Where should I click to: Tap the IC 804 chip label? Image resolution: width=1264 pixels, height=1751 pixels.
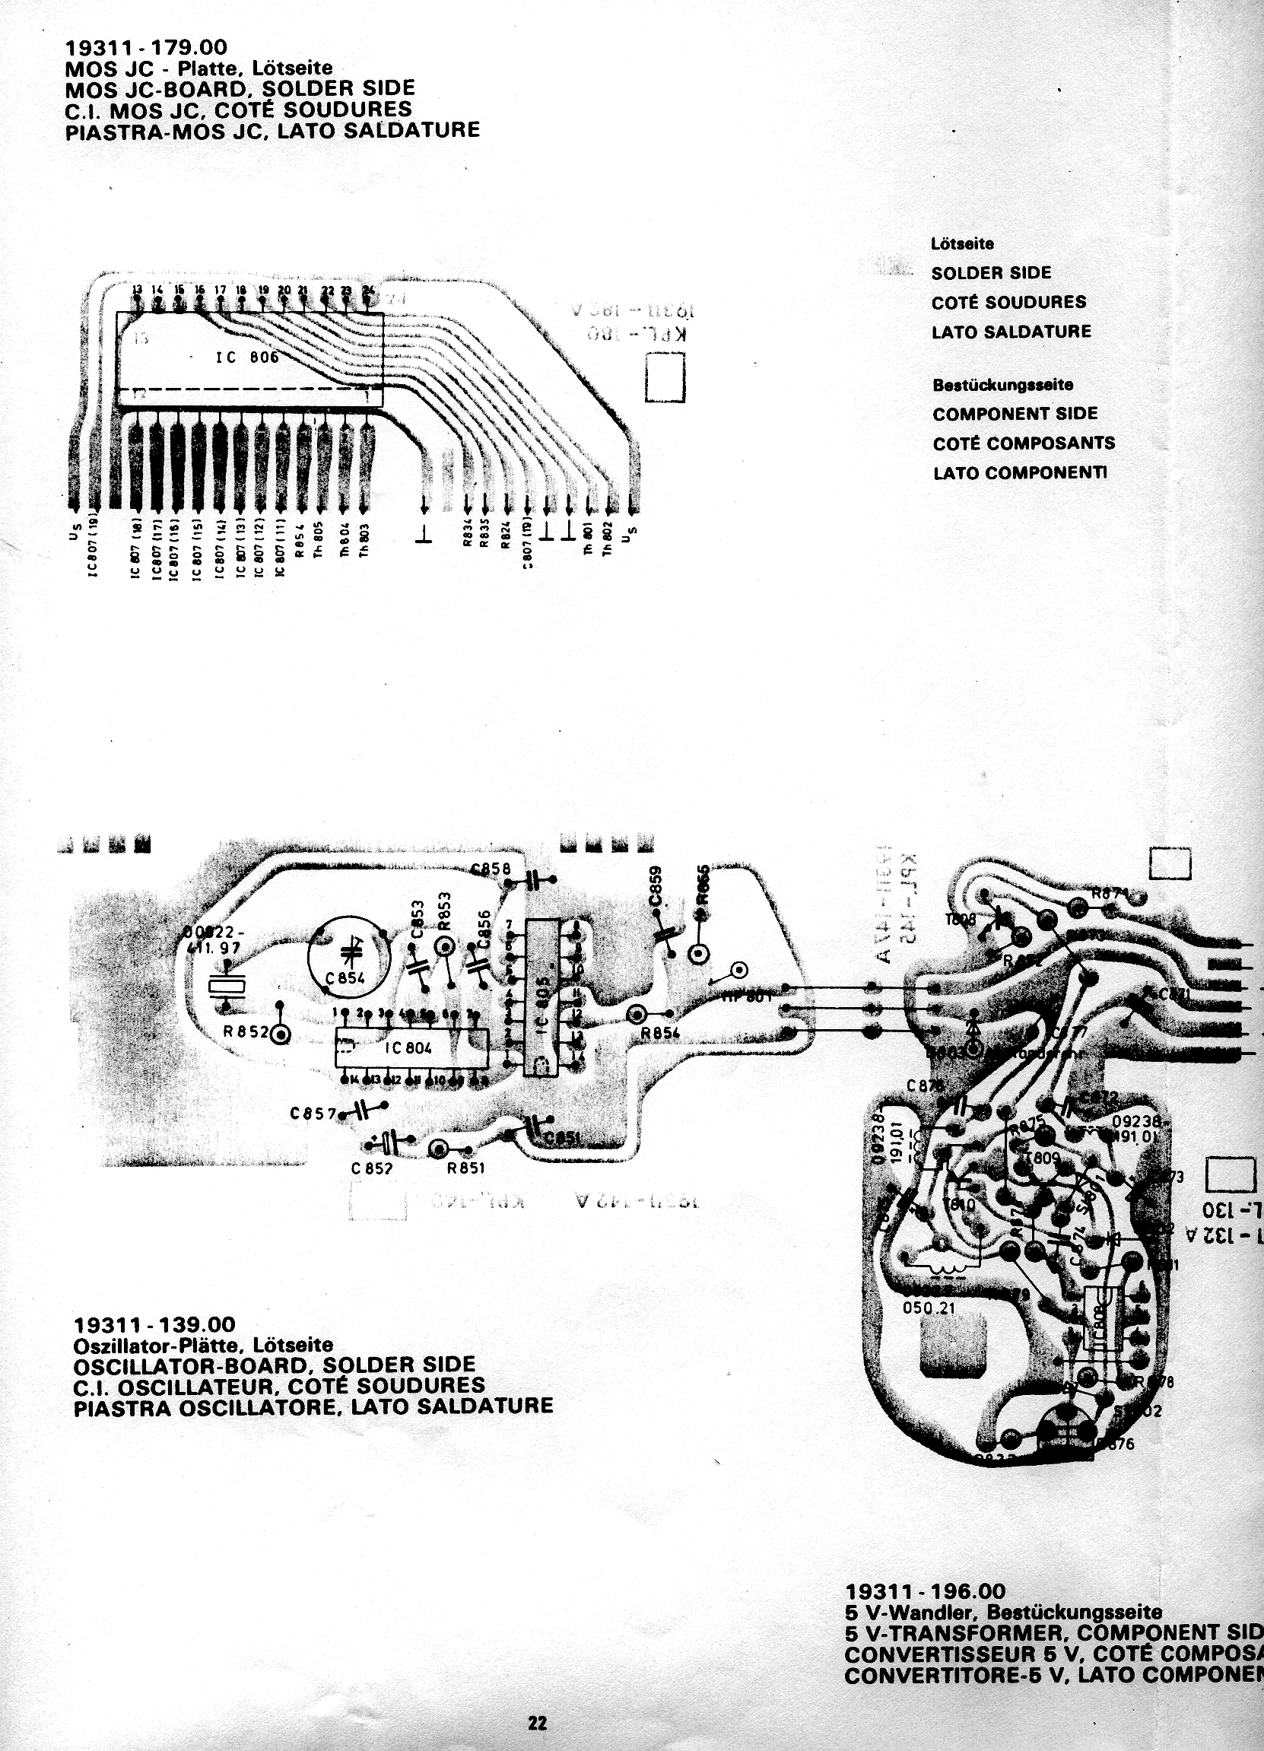408,1047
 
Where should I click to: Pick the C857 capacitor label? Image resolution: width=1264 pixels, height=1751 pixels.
313,1114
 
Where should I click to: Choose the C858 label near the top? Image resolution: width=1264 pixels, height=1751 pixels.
491,869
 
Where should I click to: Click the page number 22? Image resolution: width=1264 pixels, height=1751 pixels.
538,1723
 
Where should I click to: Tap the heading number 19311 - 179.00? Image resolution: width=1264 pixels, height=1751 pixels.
146,49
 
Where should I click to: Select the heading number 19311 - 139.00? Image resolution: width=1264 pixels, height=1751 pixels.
154,1326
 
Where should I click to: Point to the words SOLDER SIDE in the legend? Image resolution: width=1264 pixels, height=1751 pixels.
991,272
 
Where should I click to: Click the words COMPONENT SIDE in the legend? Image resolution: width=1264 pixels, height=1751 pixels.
1015,414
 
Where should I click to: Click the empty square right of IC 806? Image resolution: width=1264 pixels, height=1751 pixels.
665,377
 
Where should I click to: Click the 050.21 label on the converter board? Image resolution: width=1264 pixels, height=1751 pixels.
928,1308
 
